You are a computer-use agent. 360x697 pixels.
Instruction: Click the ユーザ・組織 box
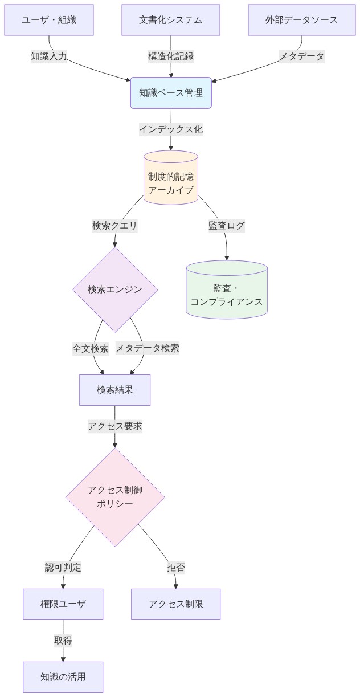point(49,20)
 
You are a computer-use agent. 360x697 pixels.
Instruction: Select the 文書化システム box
point(171,20)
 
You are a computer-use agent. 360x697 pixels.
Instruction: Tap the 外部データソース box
point(301,20)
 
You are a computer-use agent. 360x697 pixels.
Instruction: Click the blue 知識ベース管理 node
point(171,92)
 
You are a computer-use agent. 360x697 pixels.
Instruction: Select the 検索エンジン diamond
point(115,290)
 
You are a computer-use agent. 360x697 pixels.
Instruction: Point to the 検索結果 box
point(115,390)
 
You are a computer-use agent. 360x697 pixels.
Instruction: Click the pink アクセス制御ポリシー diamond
point(115,497)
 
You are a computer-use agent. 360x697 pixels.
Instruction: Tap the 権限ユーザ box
point(63,604)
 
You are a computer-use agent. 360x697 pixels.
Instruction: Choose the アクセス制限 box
point(175,604)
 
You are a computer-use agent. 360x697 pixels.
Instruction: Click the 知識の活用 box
point(63,677)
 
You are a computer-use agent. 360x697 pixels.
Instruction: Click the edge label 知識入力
point(49,56)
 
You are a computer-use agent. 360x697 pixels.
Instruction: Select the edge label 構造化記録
point(171,56)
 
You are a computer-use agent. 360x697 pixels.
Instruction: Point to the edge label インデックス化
point(171,129)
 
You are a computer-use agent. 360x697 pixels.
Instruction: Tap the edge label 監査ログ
point(227,225)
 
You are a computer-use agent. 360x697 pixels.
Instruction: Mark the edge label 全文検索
point(91,348)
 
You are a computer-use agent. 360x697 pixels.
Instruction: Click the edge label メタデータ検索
point(148,348)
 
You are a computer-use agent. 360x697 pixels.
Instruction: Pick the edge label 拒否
point(175,567)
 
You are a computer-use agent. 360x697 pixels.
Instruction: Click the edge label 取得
point(63,641)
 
